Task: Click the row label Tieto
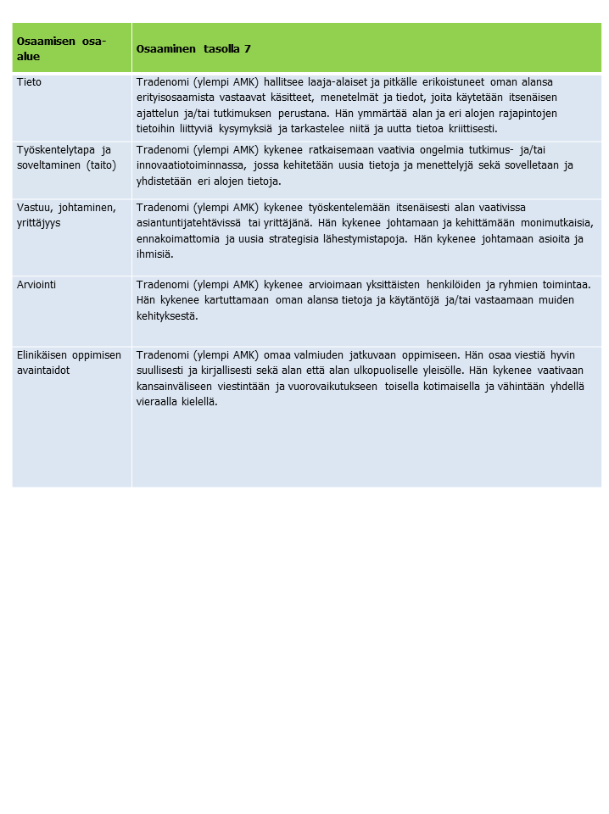(29, 82)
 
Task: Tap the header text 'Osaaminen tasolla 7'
(193, 48)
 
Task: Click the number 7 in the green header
(248, 48)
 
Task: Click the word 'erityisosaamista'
(176, 98)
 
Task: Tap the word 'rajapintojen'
(527, 114)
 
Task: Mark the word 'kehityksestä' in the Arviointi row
(167, 315)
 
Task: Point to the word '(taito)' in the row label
(99, 165)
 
